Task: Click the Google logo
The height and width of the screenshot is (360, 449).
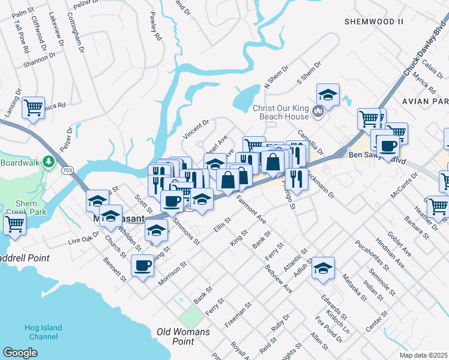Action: coord(20,353)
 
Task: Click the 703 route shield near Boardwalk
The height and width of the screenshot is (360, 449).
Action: coord(65,171)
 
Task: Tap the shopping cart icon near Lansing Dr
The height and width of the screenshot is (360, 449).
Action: coord(34,107)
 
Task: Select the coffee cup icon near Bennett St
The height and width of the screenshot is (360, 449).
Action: coord(143,264)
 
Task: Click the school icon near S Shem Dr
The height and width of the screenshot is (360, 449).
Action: coord(328,94)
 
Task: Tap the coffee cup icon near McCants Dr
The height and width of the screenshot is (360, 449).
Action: coord(388,145)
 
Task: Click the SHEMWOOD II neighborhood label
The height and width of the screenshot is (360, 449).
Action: coord(373,22)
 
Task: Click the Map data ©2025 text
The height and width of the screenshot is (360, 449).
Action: coord(423,355)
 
